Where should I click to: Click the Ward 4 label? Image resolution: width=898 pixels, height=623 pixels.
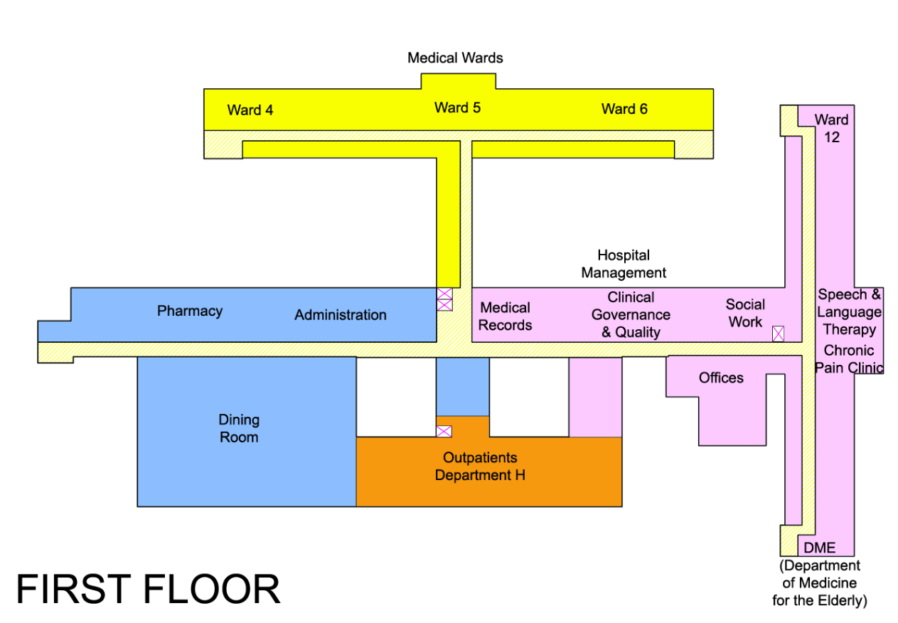click(x=250, y=110)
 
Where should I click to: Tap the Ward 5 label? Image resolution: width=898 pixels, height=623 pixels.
click(x=457, y=107)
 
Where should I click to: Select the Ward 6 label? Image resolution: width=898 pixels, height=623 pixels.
click(x=624, y=109)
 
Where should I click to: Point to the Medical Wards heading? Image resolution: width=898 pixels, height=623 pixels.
click(x=455, y=58)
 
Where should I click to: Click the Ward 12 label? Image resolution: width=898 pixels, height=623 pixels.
click(x=831, y=128)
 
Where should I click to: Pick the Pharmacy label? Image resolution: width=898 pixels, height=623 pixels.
click(x=190, y=311)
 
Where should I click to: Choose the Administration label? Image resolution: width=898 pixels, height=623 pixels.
click(x=341, y=315)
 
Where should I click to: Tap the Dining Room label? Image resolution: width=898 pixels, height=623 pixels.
click(x=239, y=428)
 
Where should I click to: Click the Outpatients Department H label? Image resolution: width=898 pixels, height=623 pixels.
click(x=480, y=466)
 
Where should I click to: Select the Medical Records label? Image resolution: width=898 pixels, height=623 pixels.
click(x=505, y=316)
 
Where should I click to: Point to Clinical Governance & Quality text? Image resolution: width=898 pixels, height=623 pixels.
click(x=631, y=315)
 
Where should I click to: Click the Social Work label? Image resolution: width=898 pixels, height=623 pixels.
click(x=745, y=313)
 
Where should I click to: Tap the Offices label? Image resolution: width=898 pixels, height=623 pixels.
click(x=721, y=378)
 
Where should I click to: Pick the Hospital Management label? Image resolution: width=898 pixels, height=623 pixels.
click(x=624, y=264)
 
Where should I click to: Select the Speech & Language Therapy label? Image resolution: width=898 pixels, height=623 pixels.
click(x=849, y=312)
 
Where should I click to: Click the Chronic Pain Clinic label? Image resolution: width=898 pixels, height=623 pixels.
click(x=849, y=359)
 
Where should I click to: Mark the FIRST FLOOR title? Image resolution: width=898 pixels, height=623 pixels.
click(x=148, y=589)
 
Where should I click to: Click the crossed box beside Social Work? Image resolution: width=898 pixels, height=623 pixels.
click(x=778, y=334)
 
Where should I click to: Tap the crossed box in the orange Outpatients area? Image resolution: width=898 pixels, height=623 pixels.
click(x=444, y=432)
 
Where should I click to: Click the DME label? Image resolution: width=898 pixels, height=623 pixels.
click(x=819, y=548)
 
